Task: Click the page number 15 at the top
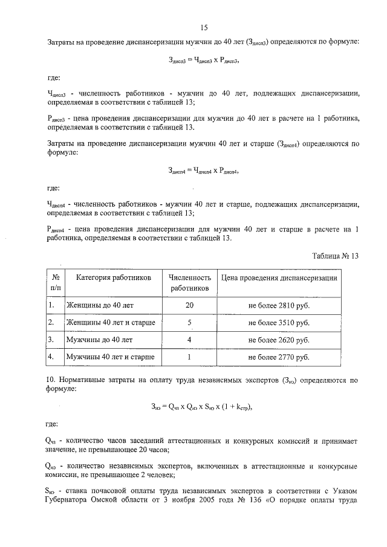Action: [x=204, y=27]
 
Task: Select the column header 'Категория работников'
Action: [x=113, y=277]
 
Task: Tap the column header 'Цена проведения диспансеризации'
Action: [x=279, y=277]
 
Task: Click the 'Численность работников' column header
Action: [x=189, y=283]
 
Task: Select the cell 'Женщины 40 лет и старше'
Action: [x=110, y=323]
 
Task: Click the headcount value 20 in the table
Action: [x=189, y=306]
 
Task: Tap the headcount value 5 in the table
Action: [x=189, y=323]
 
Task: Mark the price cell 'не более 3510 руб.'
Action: [x=279, y=323]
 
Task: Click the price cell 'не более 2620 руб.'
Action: [x=279, y=340]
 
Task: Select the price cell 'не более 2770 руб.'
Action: [x=279, y=357]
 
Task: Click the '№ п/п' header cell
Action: [x=55, y=283]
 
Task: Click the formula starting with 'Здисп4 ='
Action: [x=204, y=172]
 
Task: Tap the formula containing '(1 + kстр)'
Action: [x=204, y=406]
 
